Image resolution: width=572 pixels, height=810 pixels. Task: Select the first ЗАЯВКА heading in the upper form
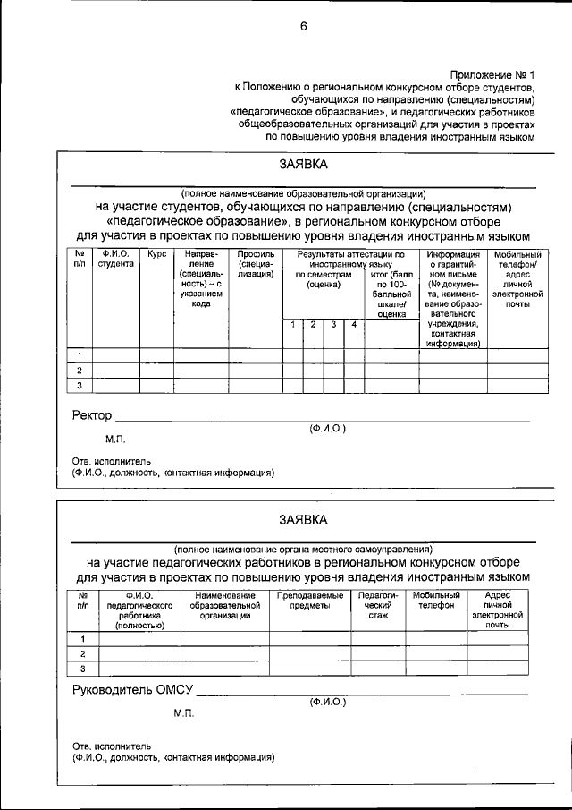[x=302, y=165]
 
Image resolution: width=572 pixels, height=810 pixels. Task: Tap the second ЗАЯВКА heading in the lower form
[x=302, y=519]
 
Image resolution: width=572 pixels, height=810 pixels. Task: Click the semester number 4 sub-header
[x=354, y=323]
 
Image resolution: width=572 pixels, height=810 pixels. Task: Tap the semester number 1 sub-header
[x=293, y=323]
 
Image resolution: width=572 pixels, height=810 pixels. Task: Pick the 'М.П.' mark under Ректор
[x=115, y=439]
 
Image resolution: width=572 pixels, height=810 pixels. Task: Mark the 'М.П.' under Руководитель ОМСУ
[x=184, y=713]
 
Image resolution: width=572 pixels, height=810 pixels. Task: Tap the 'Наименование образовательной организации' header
[x=224, y=605]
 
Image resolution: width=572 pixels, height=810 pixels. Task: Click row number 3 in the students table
[x=80, y=386]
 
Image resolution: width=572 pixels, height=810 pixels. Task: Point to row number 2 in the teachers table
[x=83, y=653]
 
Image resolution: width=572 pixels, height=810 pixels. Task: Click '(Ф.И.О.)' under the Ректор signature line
[x=328, y=429]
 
